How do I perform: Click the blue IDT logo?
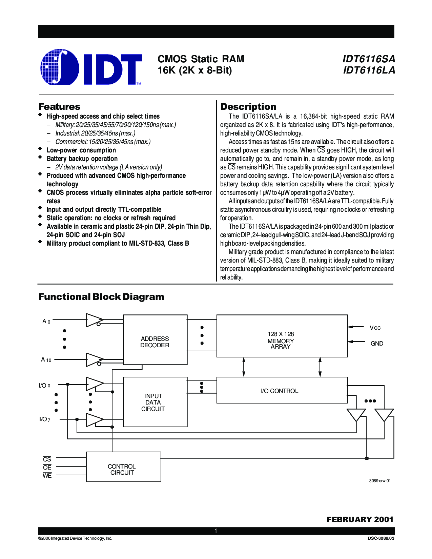tap(91, 67)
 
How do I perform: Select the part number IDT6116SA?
tap(368, 59)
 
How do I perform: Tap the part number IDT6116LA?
tap(369, 70)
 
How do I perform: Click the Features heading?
tap(59, 106)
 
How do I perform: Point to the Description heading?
tap(248, 106)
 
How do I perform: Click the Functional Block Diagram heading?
tap(101, 296)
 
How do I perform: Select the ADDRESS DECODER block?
tap(155, 339)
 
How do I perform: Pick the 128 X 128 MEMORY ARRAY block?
tap(282, 336)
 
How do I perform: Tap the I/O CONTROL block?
tap(282, 390)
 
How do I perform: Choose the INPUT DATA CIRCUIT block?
tap(155, 402)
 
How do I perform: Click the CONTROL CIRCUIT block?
tap(124, 467)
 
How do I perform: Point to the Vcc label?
tap(375, 328)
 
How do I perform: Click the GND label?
tap(377, 344)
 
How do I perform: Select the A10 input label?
tap(46, 360)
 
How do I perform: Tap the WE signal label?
tap(47, 475)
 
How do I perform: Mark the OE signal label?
tap(47, 467)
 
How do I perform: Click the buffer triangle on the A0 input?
tap(95, 320)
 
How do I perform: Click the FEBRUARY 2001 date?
tap(360, 519)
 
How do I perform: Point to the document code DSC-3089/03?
tap(381, 538)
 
